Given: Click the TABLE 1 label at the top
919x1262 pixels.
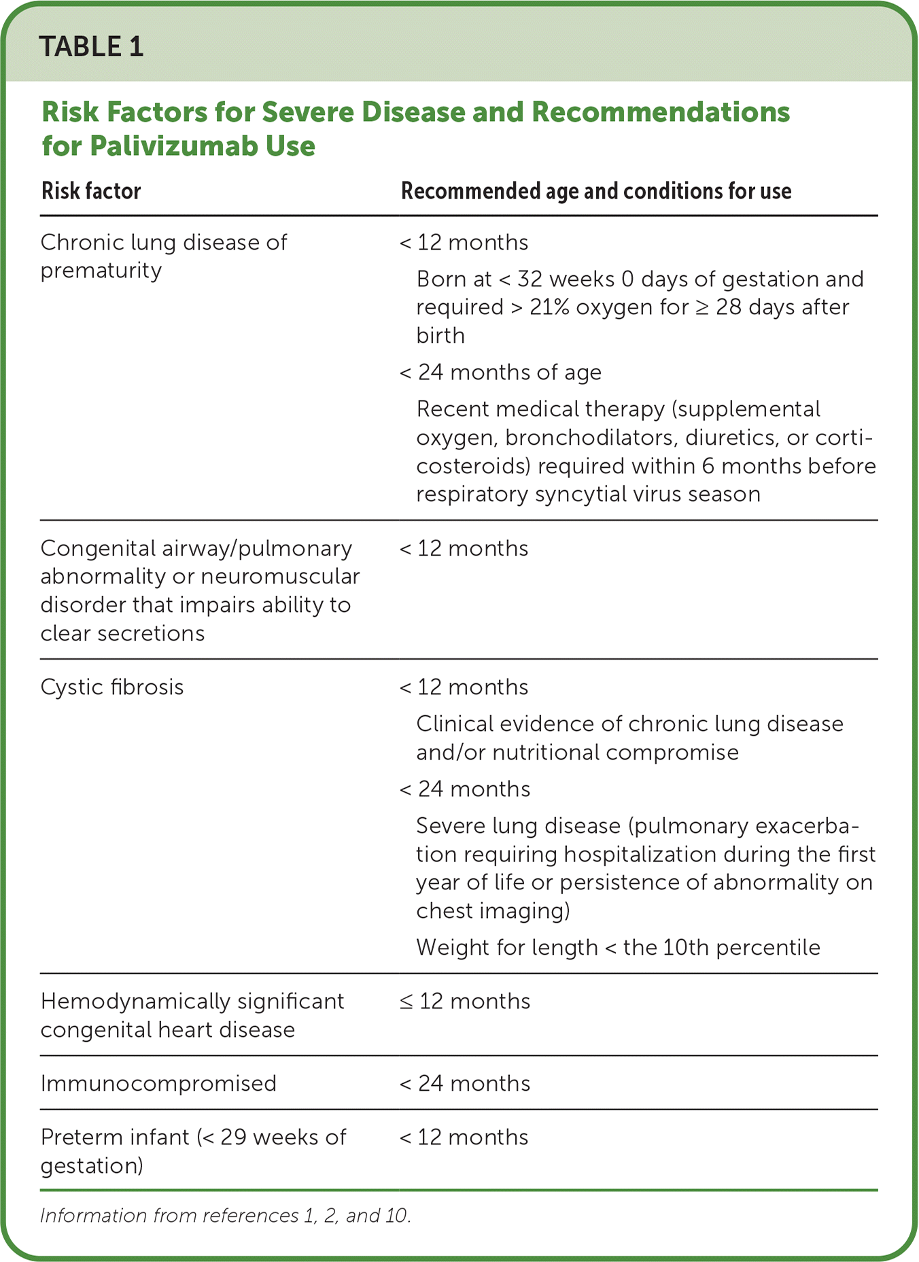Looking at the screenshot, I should coord(91,46).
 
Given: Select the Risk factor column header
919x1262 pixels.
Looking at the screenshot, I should coord(91,191).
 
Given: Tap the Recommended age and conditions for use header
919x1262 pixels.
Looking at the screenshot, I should coord(596,191).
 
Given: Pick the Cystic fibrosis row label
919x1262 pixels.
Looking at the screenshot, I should coord(112,687).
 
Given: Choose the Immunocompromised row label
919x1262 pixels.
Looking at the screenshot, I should coord(158,1083).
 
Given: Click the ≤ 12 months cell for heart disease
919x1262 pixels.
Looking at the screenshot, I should coord(465,1001).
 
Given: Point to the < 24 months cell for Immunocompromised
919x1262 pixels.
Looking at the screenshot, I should coord(465,1083).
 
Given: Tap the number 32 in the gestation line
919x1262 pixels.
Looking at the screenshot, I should coord(530,279).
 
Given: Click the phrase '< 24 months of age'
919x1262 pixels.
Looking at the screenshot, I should coord(500,372).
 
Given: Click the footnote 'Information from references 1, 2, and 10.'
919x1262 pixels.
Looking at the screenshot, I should coord(226,1216).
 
